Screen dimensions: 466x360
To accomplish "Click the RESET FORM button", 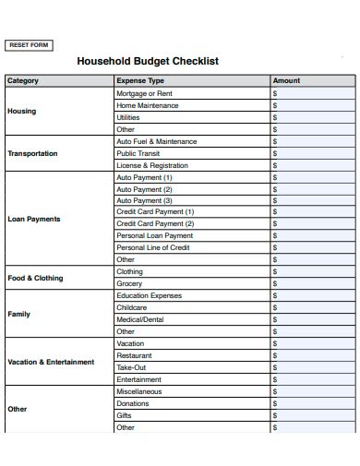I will point(29,45).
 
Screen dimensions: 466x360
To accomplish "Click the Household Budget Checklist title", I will point(148,62).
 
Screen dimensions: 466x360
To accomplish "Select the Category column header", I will point(23,81).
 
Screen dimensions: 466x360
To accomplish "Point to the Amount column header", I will point(286,81).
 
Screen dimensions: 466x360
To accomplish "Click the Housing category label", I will point(22,111).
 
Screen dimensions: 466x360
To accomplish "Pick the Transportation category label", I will point(32,153).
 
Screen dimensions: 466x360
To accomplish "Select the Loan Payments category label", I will point(34,219).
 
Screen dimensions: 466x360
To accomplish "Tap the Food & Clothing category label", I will point(35,278).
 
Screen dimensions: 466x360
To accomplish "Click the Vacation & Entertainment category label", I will point(51,362).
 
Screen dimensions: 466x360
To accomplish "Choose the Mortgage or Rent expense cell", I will point(144,93).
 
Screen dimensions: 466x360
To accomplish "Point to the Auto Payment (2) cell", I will point(144,189).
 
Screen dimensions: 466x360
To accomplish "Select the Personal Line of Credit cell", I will point(153,248).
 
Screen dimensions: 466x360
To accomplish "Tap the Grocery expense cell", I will point(129,284).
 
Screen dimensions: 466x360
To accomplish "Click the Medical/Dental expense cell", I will point(139,319).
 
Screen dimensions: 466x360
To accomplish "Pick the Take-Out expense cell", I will point(131,367).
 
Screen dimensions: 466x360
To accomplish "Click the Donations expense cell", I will point(133,403).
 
